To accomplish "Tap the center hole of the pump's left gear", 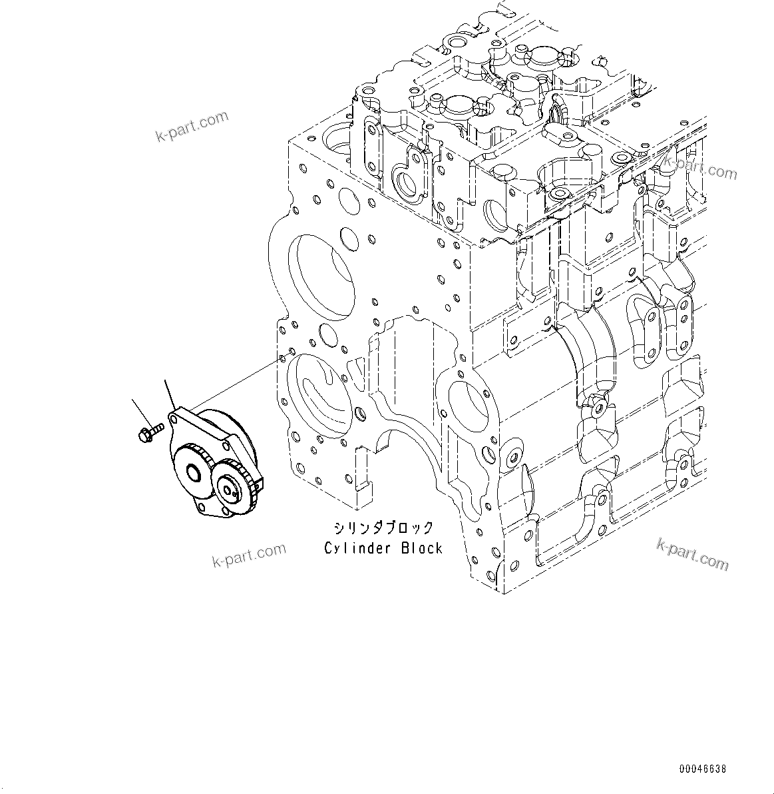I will pyautogui.click(x=195, y=474).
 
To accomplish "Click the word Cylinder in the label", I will pyautogui.click(x=350, y=548).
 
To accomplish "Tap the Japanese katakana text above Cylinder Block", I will pyautogui.click(x=383, y=528).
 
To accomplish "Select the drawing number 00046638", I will pyautogui.click(x=703, y=769).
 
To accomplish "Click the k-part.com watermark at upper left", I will pyautogui.click(x=192, y=127).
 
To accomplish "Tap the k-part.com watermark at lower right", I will pyautogui.click(x=692, y=554).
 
